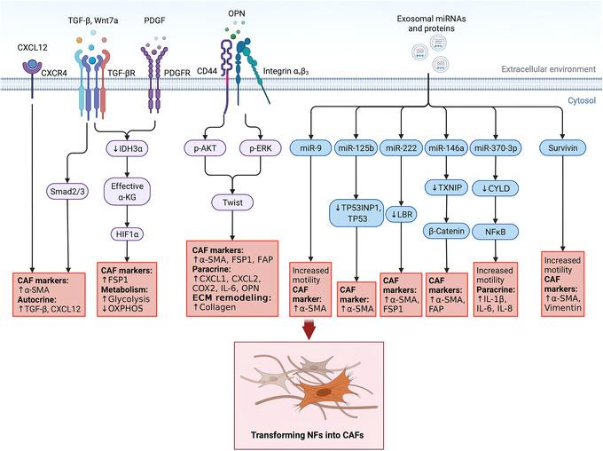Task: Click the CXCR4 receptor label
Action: (54, 60)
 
